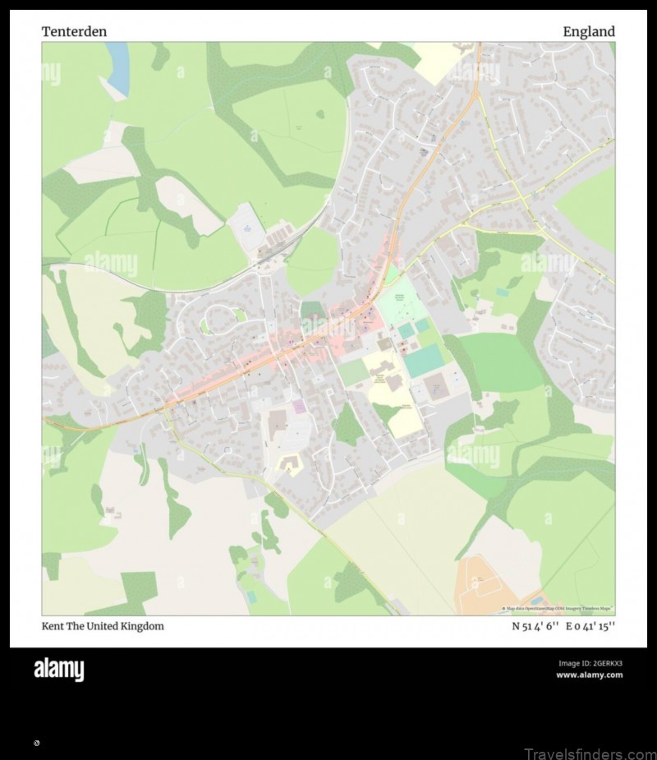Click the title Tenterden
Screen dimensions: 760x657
click(74, 32)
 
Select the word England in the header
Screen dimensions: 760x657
click(588, 32)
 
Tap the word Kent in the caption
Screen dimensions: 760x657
click(53, 626)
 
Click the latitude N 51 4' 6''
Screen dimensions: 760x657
click(535, 626)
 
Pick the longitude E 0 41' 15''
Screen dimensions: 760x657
click(590, 626)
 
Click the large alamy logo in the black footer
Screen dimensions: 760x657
click(58, 670)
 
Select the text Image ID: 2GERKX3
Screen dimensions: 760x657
click(590, 663)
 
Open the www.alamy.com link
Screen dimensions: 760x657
click(589, 675)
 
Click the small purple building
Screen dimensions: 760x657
click(299, 407)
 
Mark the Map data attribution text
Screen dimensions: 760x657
click(558, 609)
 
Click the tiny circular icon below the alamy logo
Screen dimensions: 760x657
click(36, 743)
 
